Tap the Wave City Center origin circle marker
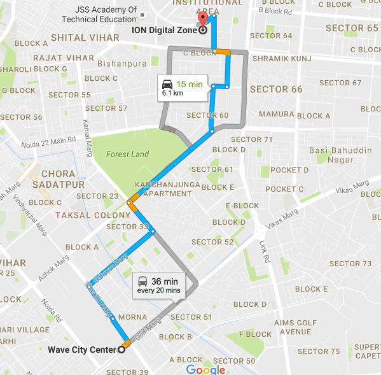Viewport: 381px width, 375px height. tap(121, 350)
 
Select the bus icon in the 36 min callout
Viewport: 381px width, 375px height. tap(144, 281)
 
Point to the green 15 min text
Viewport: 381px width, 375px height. tap(189, 84)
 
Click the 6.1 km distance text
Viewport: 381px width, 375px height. tap(172, 93)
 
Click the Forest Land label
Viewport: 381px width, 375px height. tap(127, 154)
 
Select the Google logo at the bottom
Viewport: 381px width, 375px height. tap(205, 369)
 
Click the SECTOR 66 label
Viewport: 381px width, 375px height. tap(276, 89)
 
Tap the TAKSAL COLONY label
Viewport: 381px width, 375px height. tap(84, 215)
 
